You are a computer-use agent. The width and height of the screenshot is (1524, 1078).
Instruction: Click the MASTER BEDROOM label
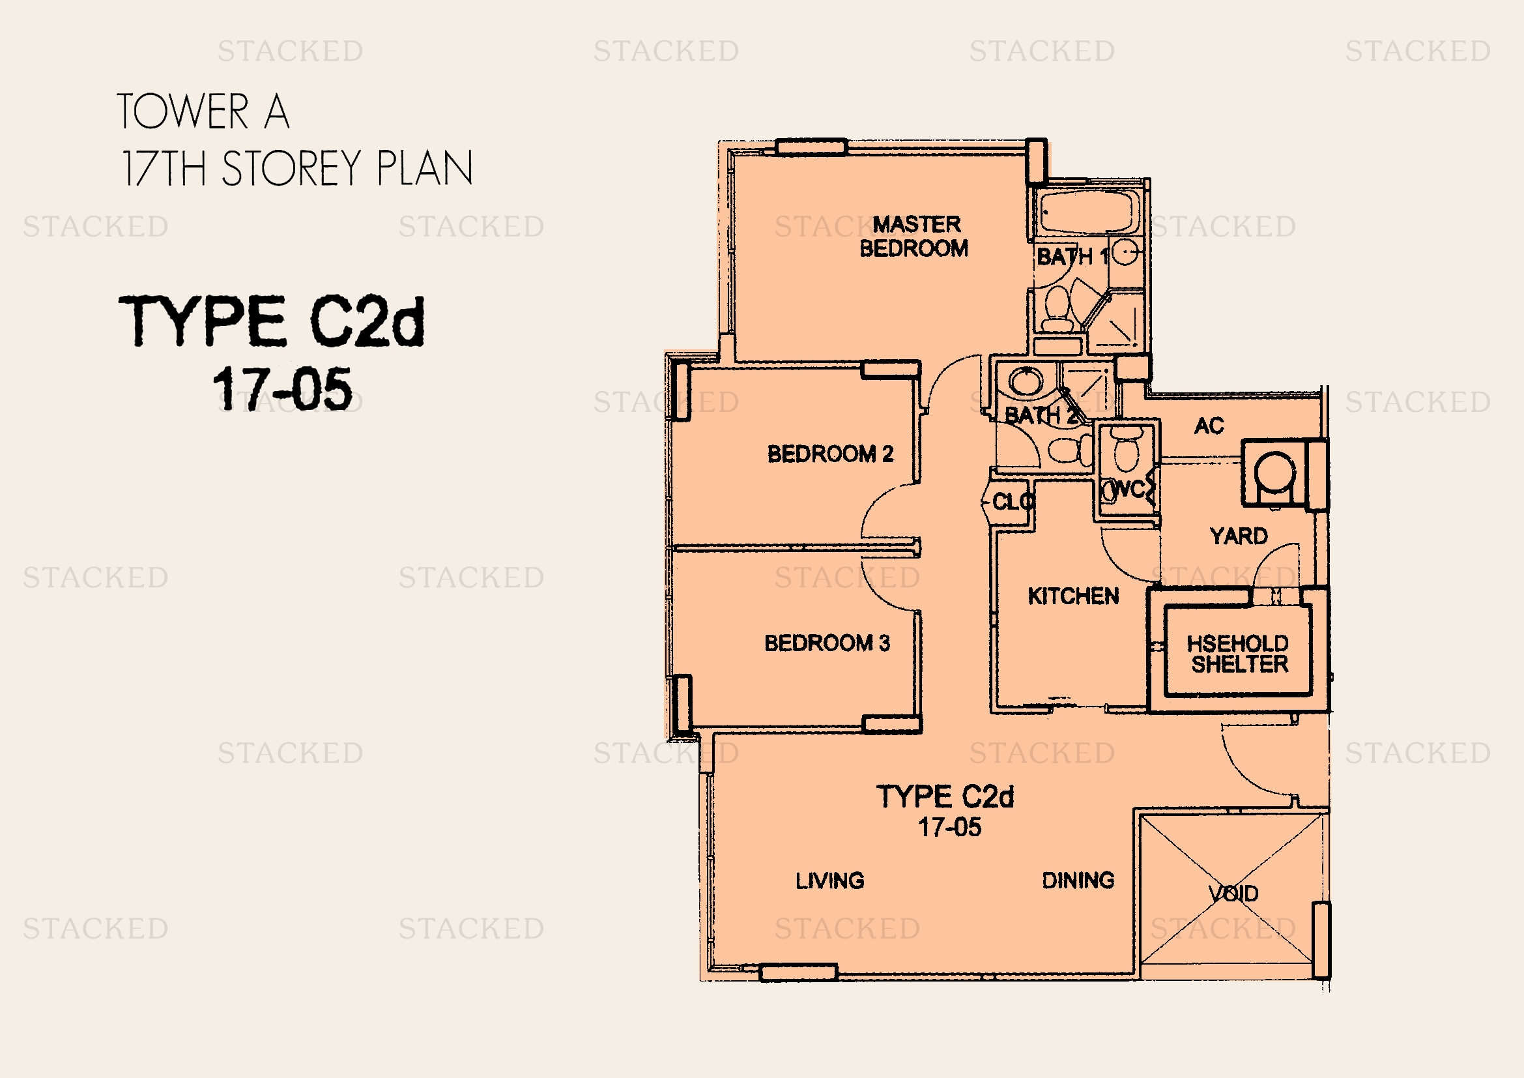[914, 237]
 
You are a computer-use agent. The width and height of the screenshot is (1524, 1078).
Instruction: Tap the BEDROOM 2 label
[830, 454]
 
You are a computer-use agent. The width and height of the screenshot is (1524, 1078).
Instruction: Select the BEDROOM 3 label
[827, 643]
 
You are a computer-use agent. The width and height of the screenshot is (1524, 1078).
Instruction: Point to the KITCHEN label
[1073, 596]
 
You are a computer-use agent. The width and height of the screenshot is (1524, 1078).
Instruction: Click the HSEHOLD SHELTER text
[1239, 653]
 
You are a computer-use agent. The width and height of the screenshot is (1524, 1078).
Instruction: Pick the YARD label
[1239, 536]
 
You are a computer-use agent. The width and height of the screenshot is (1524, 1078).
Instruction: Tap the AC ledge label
[1209, 426]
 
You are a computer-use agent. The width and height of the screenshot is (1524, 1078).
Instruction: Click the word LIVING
[829, 881]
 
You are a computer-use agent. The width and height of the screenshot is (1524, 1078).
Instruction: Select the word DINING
[1078, 880]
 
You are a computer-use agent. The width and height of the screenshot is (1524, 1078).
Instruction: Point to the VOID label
[1233, 894]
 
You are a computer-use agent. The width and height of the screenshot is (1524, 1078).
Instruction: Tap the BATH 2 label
[1040, 416]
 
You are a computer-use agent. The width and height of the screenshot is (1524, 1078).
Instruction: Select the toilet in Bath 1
[1057, 309]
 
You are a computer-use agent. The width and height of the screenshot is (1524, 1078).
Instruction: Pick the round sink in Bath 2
[1026, 382]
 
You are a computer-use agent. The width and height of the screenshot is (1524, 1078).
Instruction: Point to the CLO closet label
[1011, 501]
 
